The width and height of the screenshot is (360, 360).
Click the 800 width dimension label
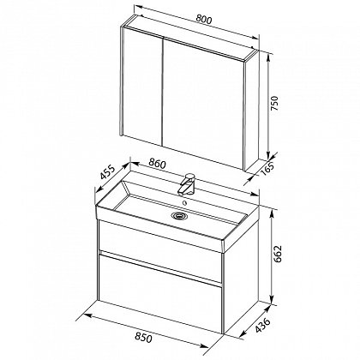coord(204,20)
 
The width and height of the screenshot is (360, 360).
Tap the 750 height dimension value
coord(273,104)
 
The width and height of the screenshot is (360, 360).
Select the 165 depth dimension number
coord(267,170)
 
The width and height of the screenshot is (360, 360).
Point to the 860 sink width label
coord(157,164)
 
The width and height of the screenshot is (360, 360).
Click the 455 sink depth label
coord(108,172)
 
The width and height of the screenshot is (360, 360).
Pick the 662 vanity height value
coord(278,254)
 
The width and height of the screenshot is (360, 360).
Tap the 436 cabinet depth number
coord(262,325)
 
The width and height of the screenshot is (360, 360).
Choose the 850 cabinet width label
coord(143,338)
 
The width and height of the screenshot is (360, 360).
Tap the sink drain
coord(179,216)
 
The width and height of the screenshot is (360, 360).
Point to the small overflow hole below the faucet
coord(185,203)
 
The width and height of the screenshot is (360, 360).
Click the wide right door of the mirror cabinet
coord(203,104)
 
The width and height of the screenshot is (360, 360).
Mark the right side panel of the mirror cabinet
coord(252,111)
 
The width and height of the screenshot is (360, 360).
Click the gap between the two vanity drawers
coord(160,267)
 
